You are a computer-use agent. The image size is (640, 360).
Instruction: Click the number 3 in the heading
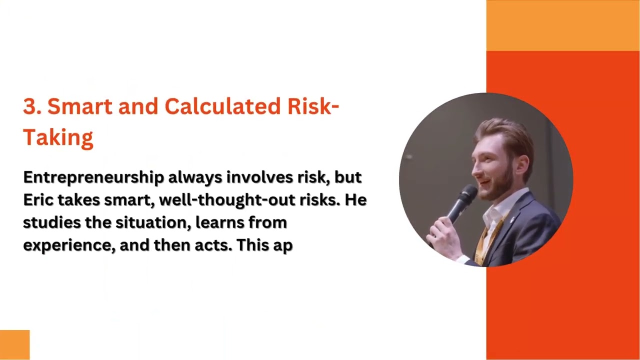tap(29, 107)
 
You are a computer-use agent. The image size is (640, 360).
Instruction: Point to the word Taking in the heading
tap(58, 137)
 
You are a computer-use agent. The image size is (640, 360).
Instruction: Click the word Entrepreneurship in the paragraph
tap(93, 177)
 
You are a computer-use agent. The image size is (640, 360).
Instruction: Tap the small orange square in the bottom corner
tap(14, 344)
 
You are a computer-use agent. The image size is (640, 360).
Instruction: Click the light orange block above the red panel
tap(563, 25)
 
